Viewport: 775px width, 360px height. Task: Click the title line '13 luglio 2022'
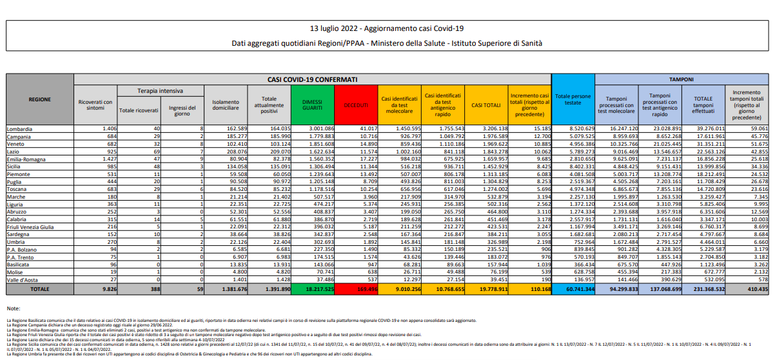tap(387, 28)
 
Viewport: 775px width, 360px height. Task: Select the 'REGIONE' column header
tap(39, 100)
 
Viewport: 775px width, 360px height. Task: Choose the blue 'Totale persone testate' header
tap(573, 99)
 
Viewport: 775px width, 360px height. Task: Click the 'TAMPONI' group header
tap(682, 79)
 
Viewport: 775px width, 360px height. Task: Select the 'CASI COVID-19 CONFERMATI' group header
tap(312, 79)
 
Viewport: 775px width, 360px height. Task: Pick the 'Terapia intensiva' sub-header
tap(160, 91)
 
